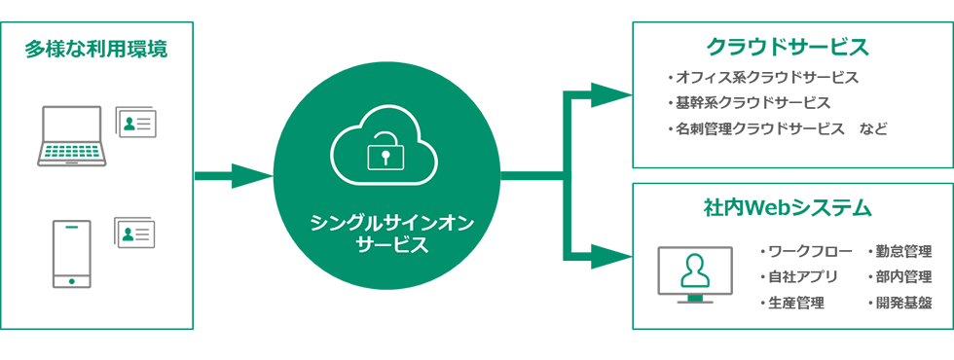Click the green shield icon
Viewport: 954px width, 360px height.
tap(69, 234)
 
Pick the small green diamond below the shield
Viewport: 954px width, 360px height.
tap(69, 280)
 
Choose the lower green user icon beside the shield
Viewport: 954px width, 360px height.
tap(128, 233)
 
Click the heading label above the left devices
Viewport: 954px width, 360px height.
tap(95, 44)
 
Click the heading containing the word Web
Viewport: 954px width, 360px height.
tap(789, 206)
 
